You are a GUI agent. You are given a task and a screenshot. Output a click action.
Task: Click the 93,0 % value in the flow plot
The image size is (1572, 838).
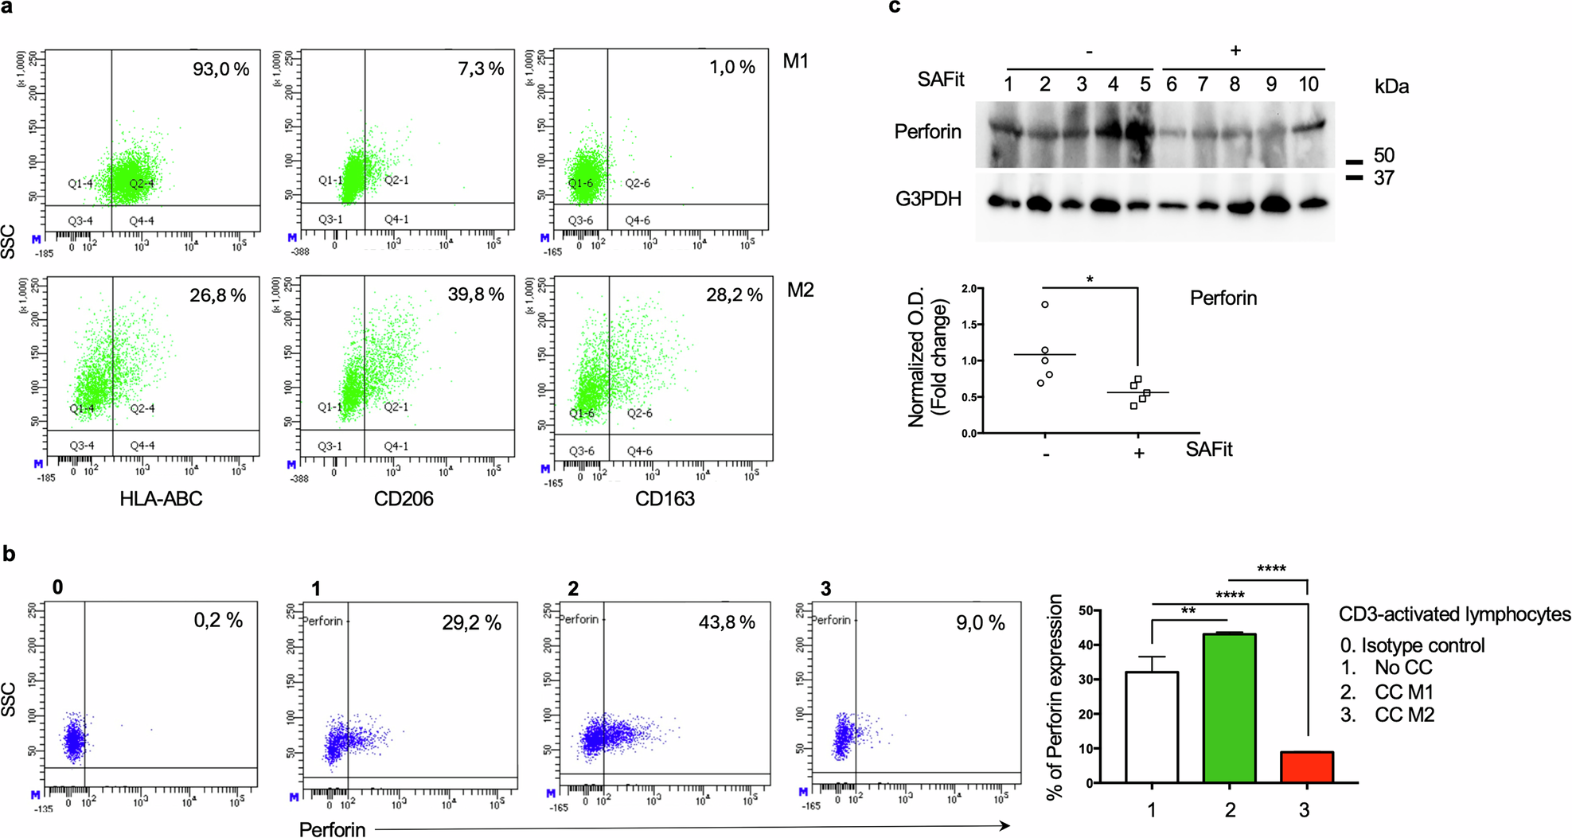(x=220, y=69)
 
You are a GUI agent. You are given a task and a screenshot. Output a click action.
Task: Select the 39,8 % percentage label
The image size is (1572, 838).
(x=475, y=294)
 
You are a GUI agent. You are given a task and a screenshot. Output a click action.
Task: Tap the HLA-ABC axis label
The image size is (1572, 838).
(x=161, y=499)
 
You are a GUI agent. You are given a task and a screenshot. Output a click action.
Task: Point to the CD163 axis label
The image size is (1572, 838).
(x=665, y=499)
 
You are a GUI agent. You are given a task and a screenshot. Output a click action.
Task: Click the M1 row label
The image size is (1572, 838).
(x=795, y=61)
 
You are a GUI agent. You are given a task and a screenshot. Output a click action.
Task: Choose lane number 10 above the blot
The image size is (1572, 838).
(x=1309, y=84)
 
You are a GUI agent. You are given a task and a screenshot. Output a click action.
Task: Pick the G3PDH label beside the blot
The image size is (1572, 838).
(x=928, y=199)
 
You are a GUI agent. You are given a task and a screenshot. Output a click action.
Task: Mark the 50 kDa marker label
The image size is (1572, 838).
(x=1384, y=155)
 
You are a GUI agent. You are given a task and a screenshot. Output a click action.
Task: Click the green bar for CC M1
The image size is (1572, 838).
(x=1229, y=708)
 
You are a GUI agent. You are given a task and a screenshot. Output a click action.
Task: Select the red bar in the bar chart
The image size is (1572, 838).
(x=1306, y=767)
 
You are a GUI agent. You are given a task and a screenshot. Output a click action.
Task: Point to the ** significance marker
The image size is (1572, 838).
(x=1188, y=611)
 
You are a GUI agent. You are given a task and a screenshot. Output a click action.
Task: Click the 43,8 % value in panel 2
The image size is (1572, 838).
(x=726, y=622)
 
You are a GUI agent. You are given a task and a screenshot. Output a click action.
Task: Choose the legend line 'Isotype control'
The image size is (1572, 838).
(x=1412, y=645)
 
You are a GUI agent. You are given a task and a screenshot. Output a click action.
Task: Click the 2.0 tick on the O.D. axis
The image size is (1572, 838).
(x=969, y=289)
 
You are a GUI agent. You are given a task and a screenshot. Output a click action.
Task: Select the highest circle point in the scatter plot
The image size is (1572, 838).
(x=1045, y=305)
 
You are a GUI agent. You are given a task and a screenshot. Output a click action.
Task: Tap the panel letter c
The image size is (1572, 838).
(x=895, y=6)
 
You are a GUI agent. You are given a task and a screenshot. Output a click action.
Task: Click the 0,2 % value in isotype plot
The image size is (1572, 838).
(x=218, y=620)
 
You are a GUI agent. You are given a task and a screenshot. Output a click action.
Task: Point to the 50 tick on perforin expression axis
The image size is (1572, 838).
(x=1085, y=610)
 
